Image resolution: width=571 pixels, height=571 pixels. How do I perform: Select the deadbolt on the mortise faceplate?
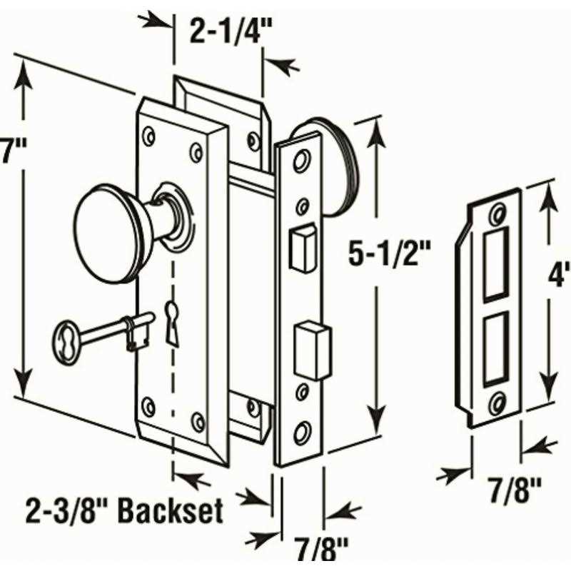point(312,350)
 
